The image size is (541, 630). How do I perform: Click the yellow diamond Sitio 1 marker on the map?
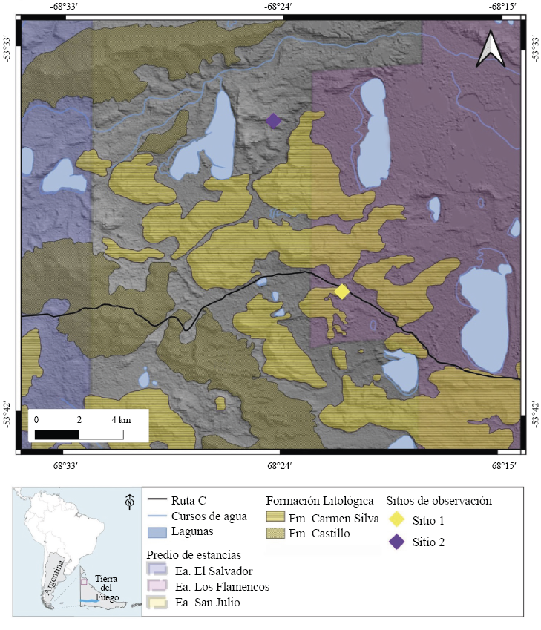click(341, 292)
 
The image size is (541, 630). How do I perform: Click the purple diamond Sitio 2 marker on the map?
click(273, 121)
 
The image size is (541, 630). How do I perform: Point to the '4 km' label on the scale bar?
click(120, 420)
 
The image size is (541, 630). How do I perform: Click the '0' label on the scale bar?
click(36, 420)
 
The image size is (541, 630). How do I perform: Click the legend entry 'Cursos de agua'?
click(209, 516)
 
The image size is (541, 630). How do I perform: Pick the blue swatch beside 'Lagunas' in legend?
click(156, 532)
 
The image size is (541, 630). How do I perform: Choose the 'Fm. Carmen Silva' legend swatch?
click(276, 516)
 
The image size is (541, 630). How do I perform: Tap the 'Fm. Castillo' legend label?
click(320, 533)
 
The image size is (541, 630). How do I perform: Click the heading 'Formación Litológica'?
click(320, 500)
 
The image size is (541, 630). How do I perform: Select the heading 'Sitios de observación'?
click(439, 500)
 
